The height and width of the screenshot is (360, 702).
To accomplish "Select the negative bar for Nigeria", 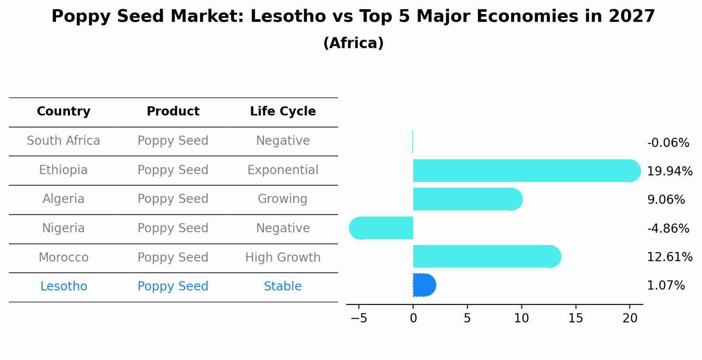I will (x=381, y=228).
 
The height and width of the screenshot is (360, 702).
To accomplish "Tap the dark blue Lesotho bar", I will (x=424, y=285).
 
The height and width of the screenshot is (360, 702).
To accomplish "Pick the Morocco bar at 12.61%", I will (x=486, y=257).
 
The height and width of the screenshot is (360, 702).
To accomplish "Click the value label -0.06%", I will (x=668, y=143).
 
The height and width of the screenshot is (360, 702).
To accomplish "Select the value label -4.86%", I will (x=668, y=228).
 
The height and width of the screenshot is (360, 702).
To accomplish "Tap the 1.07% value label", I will (x=666, y=286).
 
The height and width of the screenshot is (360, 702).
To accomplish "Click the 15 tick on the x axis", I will (x=576, y=318).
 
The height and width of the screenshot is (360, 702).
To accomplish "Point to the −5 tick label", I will (x=359, y=318).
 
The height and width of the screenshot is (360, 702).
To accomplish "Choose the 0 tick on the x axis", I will (x=413, y=318).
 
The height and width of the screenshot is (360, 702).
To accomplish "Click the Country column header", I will (x=63, y=112).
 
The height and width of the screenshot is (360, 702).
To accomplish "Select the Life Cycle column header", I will (x=283, y=112).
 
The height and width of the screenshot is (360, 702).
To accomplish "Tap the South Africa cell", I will (x=63, y=141).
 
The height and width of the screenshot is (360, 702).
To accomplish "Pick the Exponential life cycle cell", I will (x=283, y=170).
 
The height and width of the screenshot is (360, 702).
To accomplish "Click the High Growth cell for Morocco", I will (x=283, y=258).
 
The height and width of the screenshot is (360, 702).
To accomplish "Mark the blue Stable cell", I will (x=283, y=287).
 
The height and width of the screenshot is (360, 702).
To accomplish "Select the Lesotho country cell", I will (x=63, y=287).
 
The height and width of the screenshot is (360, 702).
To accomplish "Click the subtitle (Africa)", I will (x=353, y=43).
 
